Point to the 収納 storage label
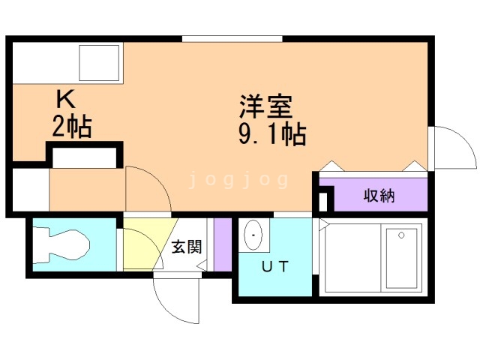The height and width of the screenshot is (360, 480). [x=379, y=196]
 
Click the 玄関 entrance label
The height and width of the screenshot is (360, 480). [x=186, y=246]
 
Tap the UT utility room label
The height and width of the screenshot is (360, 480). [x=273, y=266]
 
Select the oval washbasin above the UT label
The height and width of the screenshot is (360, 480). [x=253, y=235]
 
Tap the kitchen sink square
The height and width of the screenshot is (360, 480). [x=100, y=61]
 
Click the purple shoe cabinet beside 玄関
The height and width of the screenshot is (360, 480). [x=222, y=244]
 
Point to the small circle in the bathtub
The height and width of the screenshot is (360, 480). [x=401, y=235]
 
